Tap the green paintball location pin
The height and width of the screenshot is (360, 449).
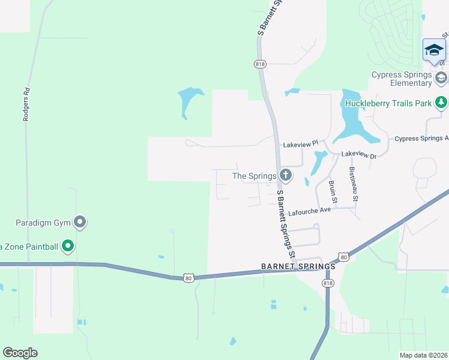68,245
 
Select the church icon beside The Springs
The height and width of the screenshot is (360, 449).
286,176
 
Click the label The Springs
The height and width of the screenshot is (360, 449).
254,176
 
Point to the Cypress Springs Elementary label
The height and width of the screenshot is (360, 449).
402,79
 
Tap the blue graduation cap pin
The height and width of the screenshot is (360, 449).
433,50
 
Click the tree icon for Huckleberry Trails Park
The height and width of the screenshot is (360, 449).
441,103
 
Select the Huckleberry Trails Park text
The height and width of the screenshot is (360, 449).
388,103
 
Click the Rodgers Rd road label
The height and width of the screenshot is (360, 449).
26,106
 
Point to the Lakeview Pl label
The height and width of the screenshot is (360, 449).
300,145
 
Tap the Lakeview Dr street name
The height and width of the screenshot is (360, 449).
358,155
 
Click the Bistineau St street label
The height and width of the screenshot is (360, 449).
354,184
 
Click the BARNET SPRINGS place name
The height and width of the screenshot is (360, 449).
298,266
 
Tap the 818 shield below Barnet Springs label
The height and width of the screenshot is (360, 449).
327,283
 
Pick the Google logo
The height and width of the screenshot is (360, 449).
20,353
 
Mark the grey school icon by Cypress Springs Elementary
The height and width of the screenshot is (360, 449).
441,77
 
